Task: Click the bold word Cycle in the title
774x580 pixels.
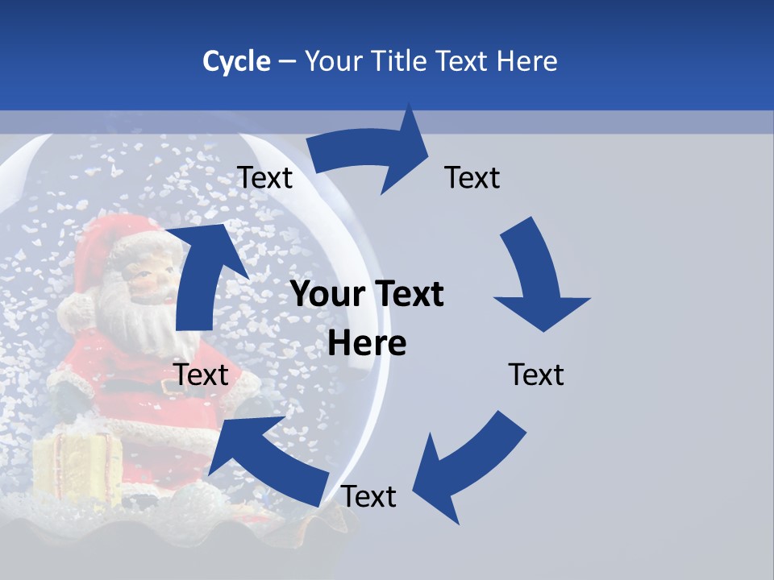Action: [236, 60]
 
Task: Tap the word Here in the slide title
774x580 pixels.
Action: [528, 60]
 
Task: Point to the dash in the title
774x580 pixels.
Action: [286, 62]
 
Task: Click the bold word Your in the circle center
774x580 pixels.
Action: [327, 295]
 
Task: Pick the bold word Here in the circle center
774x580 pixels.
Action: [367, 344]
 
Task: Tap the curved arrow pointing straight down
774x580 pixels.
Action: [537, 278]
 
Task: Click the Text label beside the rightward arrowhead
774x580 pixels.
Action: [472, 177]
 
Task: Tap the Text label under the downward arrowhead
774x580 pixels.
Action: [536, 375]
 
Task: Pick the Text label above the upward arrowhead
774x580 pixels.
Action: [264, 177]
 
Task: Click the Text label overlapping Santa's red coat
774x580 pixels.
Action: [202, 375]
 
